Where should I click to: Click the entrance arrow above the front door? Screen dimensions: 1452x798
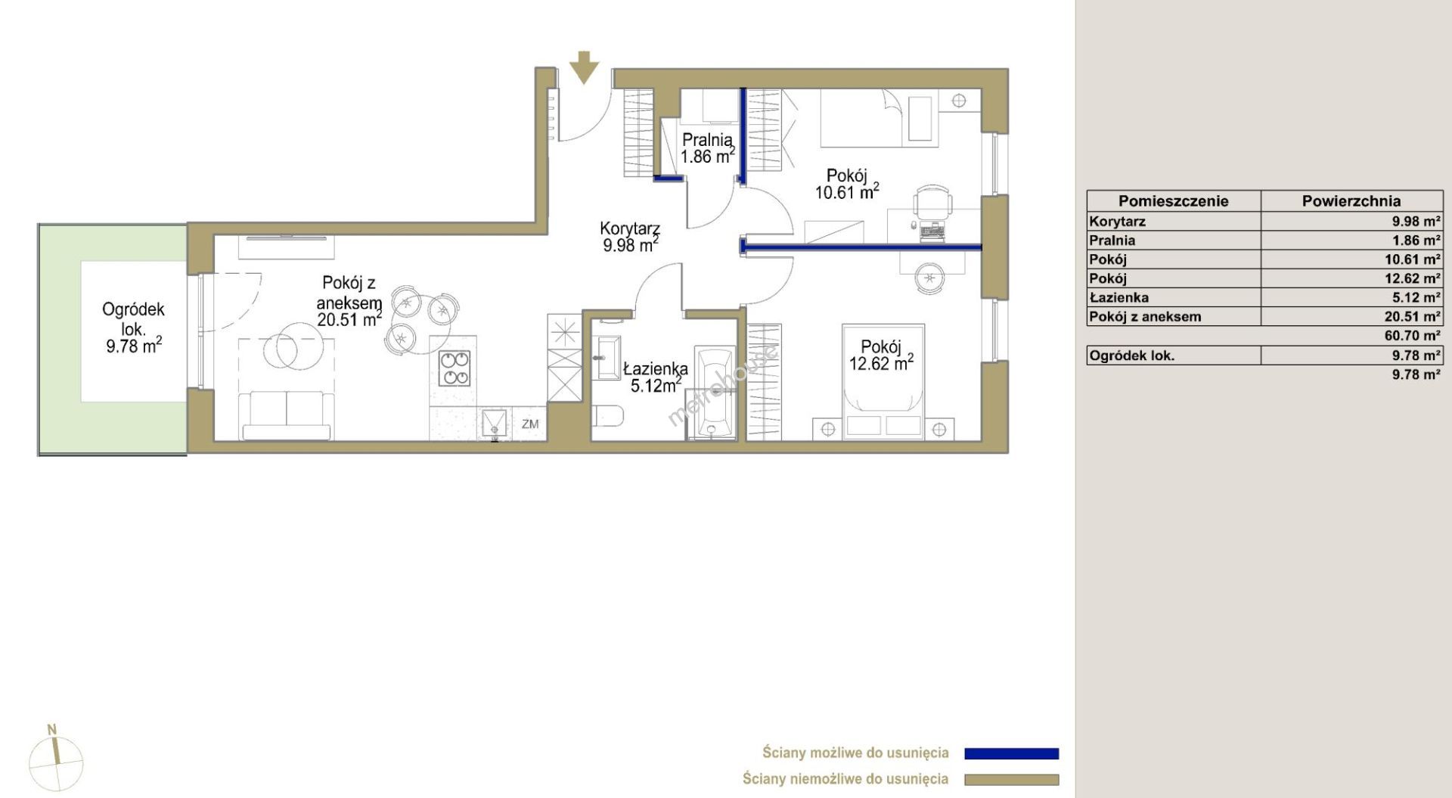tap(584, 67)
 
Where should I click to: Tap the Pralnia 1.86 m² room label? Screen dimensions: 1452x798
tap(707, 148)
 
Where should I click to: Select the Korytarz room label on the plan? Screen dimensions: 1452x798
tap(630, 228)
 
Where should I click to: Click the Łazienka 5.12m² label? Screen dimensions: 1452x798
tap(655, 377)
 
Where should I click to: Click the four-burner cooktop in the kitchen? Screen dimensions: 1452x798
tap(455, 368)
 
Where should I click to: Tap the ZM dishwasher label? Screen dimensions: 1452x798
tap(530, 424)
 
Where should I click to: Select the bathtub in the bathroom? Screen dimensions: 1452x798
tap(714, 393)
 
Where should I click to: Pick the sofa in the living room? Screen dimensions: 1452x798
tap(287, 415)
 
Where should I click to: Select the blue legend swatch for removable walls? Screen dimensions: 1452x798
tap(1011, 753)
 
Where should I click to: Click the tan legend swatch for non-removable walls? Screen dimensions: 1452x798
tap(1011, 780)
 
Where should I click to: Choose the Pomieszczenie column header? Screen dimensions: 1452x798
tap(1174, 201)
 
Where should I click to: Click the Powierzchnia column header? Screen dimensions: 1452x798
tap(1351, 201)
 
